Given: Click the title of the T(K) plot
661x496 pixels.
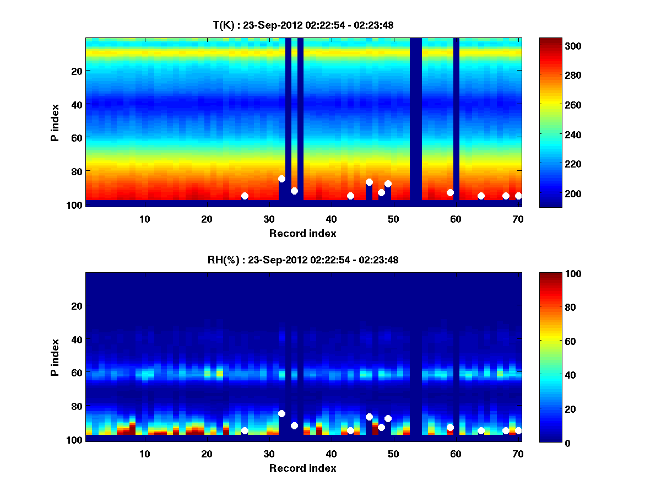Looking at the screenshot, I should (x=303, y=25).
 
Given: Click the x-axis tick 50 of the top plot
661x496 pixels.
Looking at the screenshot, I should (x=393, y=219).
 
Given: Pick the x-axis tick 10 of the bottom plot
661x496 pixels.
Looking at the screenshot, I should (x=144, y=454).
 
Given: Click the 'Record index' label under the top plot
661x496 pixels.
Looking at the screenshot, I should (x=303, y=233).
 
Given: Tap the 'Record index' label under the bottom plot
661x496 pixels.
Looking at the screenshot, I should (x=303, y=468).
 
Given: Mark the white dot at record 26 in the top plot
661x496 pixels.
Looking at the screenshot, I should (x=245, y=196).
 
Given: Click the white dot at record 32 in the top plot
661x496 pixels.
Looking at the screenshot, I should (x=282, y=179).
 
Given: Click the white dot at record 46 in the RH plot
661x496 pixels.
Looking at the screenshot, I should (x=369, y=417).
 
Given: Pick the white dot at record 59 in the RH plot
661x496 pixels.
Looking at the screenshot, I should (x=450, y=427).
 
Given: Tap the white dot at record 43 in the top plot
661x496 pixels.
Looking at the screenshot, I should (x=350, y=196).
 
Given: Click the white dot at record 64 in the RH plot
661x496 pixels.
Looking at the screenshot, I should (x=481, y=430).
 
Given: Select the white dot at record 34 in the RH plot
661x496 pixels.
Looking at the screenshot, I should (x=294, y=425).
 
